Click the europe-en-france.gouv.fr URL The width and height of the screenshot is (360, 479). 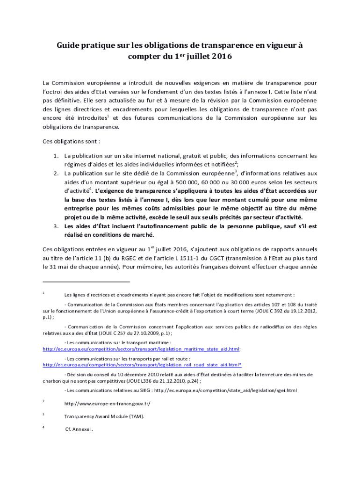pyautogui.click(x=107, y=403)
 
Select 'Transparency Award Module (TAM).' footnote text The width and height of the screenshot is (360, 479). pyautogui.click(x=104, y=416)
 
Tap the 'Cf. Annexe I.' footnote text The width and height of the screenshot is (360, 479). pyautogui.click(x=79, y=428)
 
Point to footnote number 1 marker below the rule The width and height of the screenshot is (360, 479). pyautogui.click(x=43, y=293)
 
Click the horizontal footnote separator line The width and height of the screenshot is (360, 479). pyautogui.click(x=86, y=282)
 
